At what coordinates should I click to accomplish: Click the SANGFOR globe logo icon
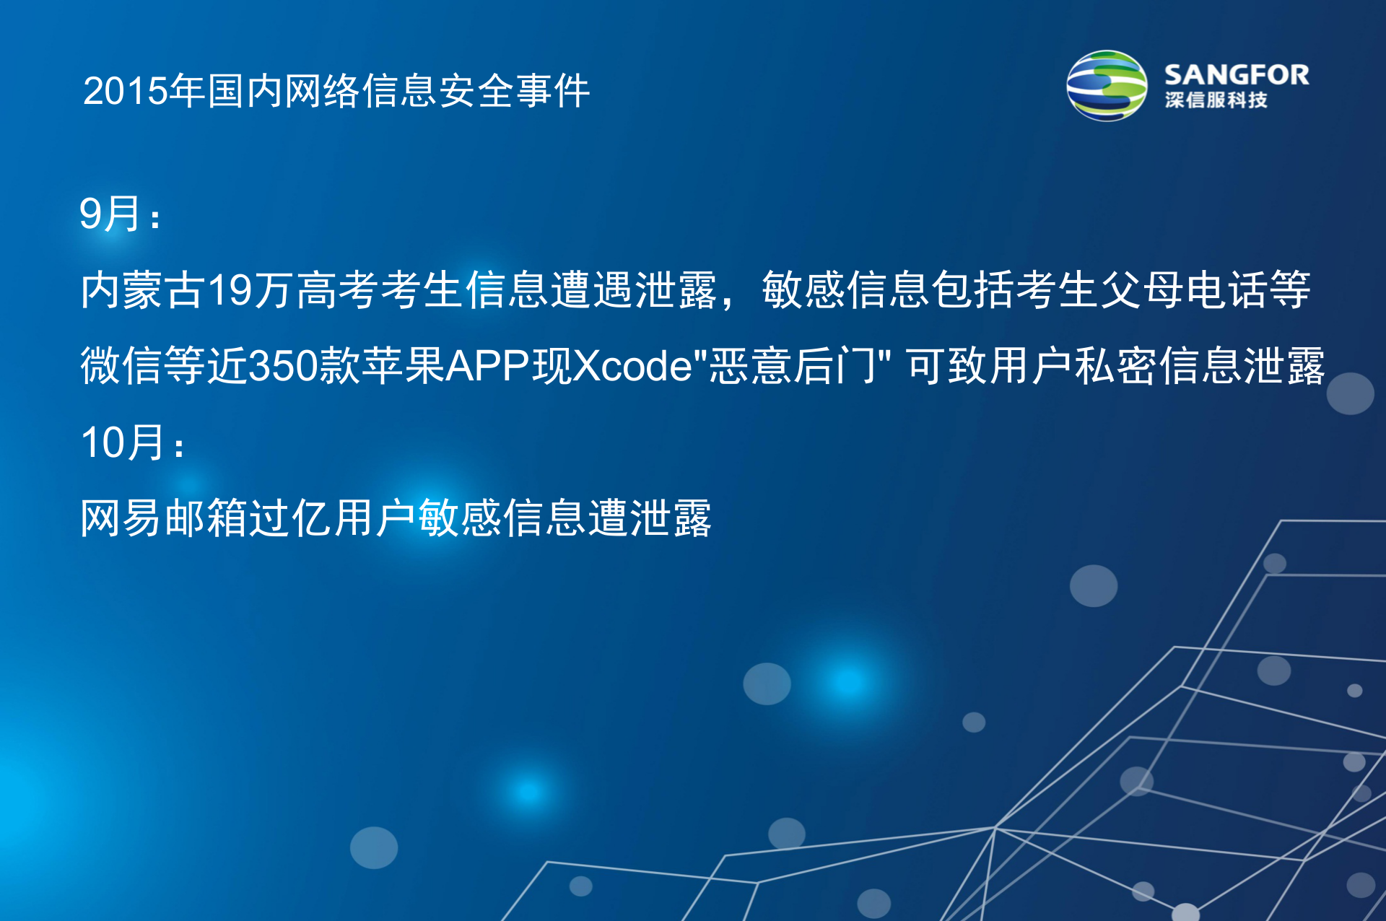(1106, 86)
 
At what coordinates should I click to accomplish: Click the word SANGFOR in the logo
(1236, 75)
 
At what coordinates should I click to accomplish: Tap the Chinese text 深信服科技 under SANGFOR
(1216, 100)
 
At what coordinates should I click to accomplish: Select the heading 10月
(123, 442)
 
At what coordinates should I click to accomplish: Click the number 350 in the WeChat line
(284, 366)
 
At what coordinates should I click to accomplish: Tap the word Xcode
(632, 366)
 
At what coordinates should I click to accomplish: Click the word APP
(488, 366)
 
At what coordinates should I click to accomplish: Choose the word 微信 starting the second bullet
(121, 366)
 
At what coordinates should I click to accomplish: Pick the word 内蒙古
(143, 290)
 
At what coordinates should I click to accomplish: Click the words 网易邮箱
(163, 518)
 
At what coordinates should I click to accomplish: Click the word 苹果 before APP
(403, 366)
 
